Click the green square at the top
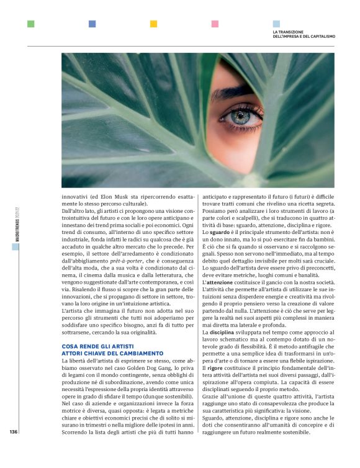click(x=30, y=24)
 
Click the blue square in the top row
click(x=92, y=24)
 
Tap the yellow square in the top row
click(x=153, y=24)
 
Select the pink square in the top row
click(x=215, y=24)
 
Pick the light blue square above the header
click(x=276, y=24)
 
